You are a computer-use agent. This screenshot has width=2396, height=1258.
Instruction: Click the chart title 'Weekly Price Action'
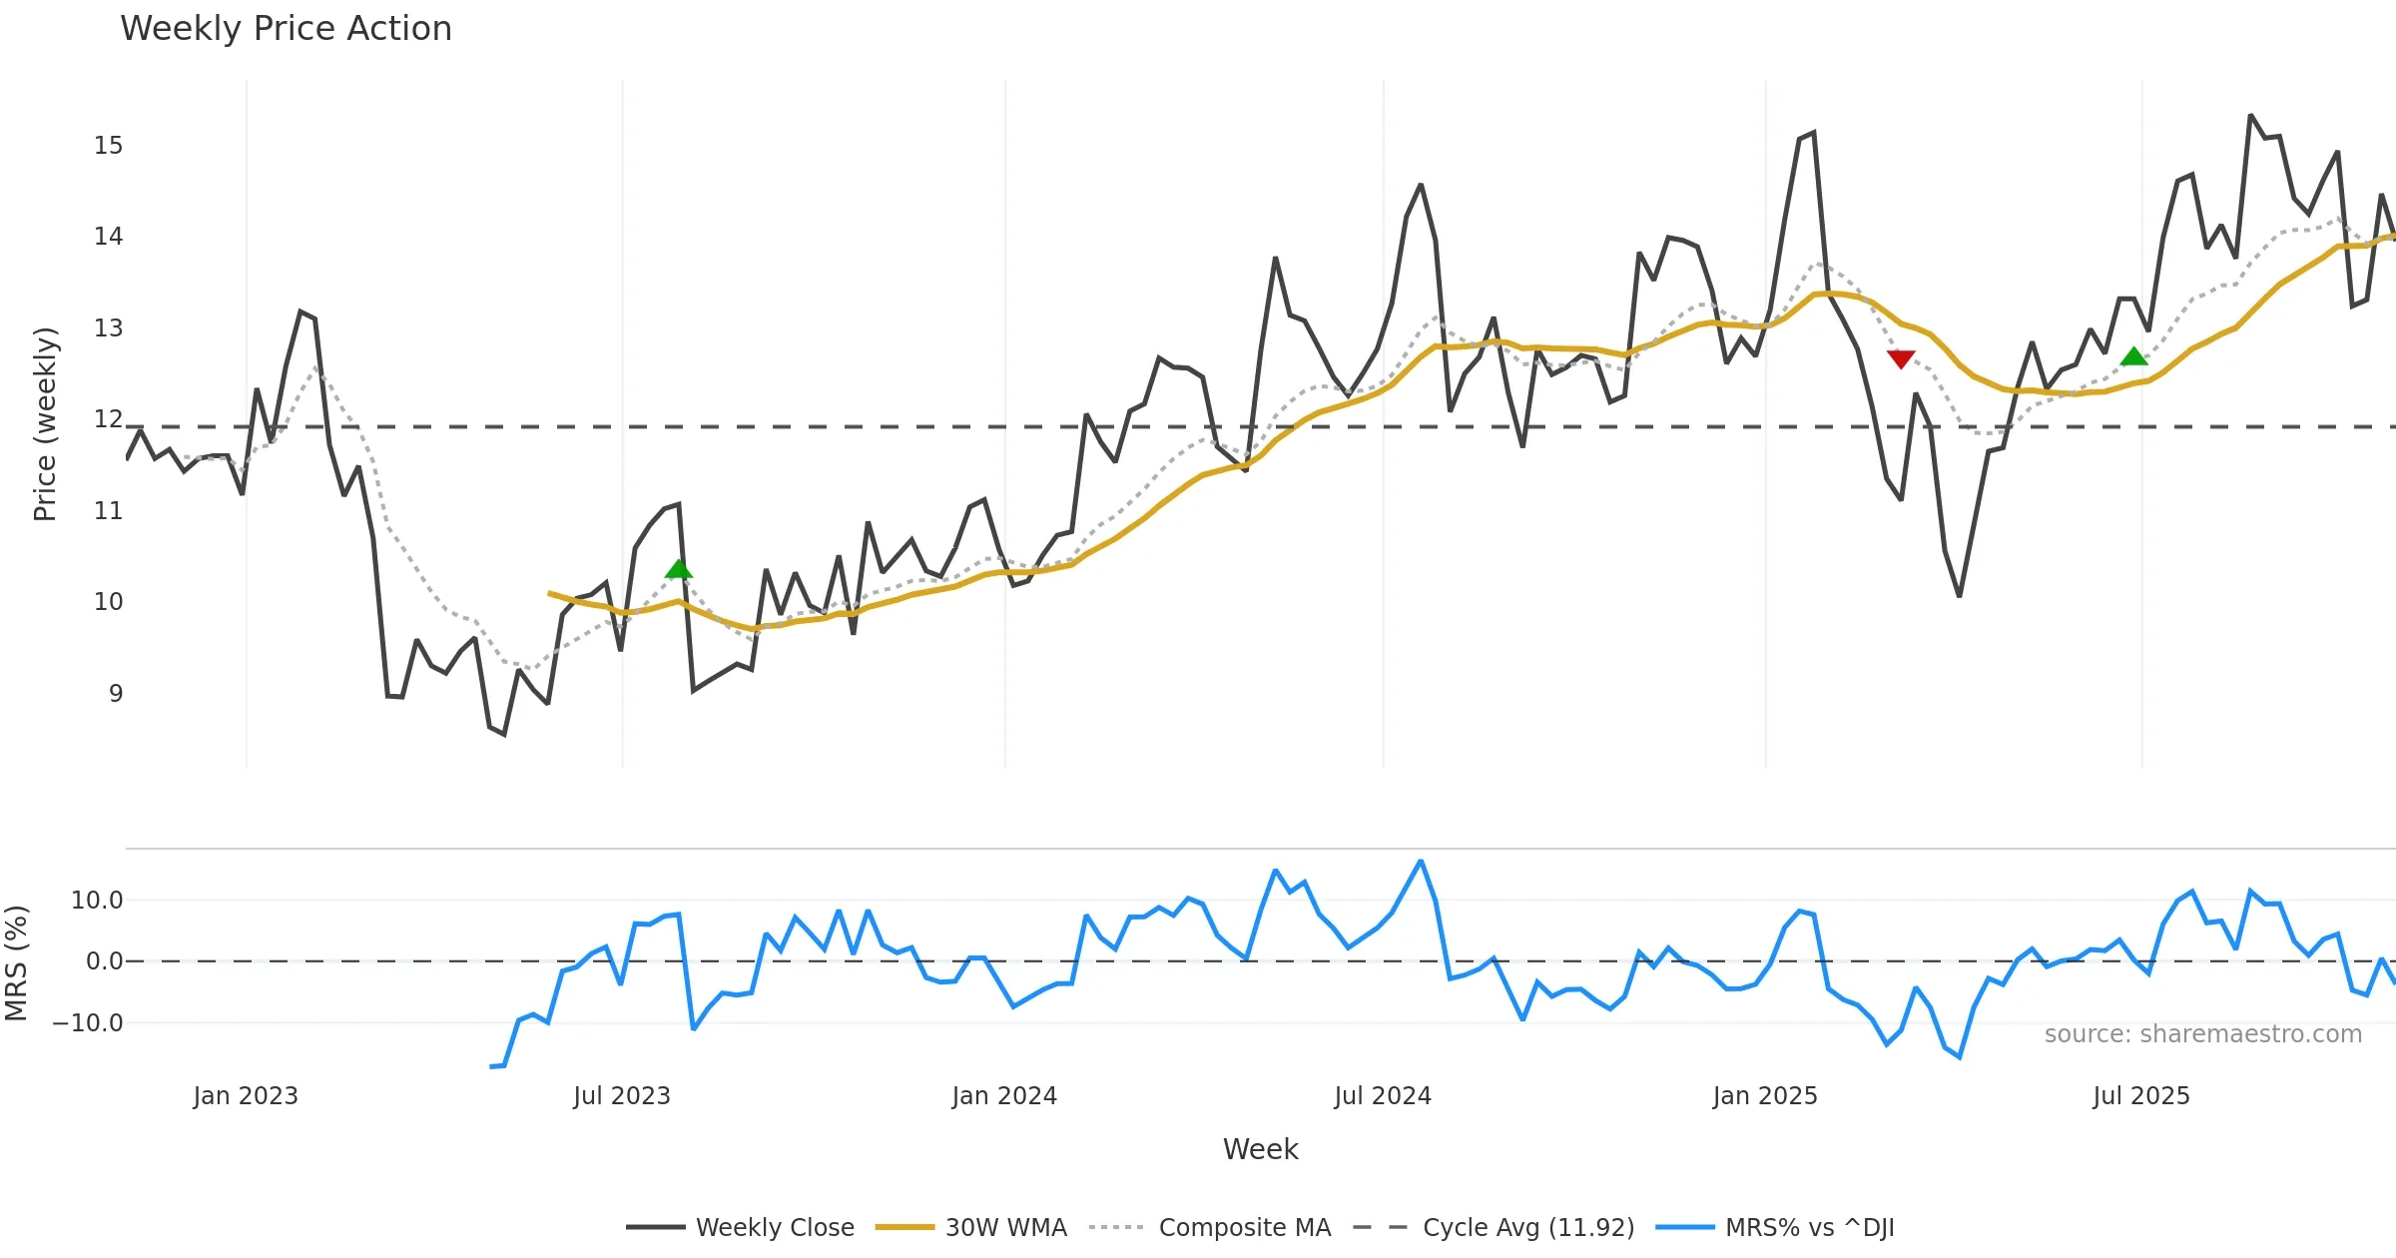(286, 29)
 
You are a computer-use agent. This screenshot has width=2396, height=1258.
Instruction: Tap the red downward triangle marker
(1901, 359)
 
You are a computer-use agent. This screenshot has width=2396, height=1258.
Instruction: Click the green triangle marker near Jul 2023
(679, 569)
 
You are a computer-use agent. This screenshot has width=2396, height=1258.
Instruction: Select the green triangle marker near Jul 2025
(2133, 356)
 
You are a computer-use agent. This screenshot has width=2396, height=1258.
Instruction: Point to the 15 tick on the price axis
(109, 146)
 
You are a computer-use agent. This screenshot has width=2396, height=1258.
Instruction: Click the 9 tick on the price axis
(116, 693)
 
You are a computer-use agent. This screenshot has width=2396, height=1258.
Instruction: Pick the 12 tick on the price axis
(109, 419)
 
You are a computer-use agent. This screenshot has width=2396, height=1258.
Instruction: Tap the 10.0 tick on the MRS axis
(97, 901)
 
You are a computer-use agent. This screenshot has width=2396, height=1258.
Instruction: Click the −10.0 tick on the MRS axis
(88, 1023)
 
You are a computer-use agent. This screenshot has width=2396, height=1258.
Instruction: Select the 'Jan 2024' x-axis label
(1004, 1096)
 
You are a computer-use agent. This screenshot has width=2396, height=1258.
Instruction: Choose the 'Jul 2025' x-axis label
(2141, 1096)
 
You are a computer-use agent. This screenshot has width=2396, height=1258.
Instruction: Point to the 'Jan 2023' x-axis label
(246, 1096)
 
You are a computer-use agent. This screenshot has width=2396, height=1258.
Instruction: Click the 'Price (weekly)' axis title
(46, 424)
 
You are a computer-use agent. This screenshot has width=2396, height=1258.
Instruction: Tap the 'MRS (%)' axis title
(17, 963)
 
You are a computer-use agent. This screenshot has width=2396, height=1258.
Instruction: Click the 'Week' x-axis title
(1260, 1150)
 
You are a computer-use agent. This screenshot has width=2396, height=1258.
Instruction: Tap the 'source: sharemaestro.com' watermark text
(2203, 1034)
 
